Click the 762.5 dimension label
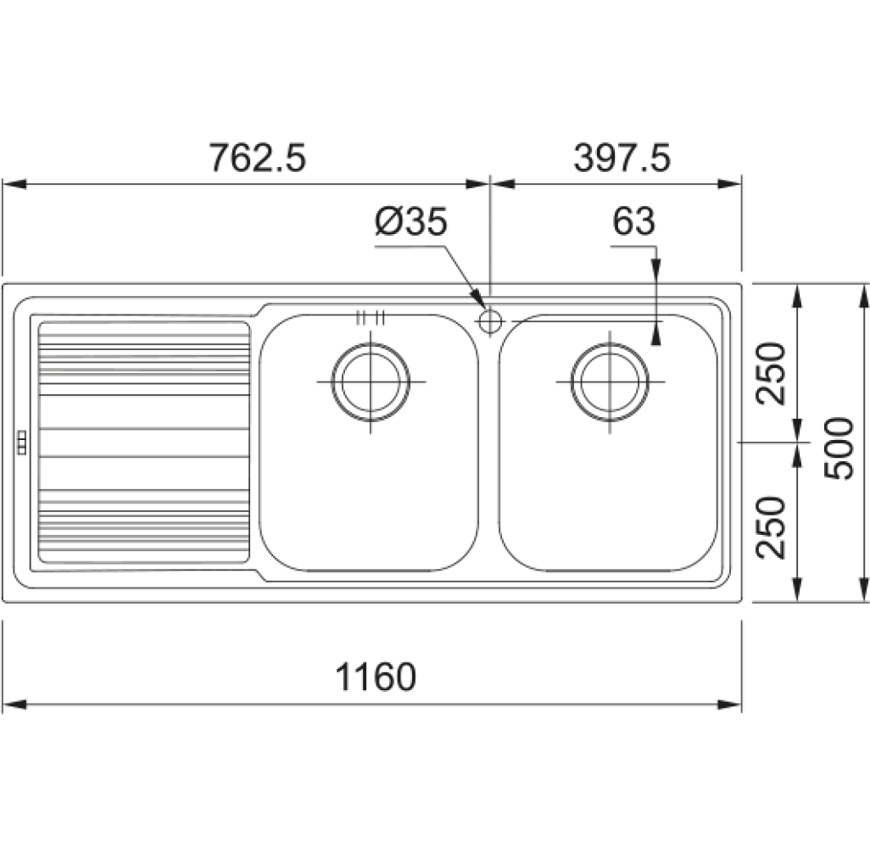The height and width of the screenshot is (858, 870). click(x=257, y=158)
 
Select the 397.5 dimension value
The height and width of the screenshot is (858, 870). click(x=622, y=158)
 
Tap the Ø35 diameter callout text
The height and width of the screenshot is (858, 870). click(x=410, y=221)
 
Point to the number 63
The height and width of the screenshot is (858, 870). click(x=633, y=221)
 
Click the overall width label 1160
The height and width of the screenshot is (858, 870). click(x=376, y=677)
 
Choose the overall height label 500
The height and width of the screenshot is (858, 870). click(x=839, y=448)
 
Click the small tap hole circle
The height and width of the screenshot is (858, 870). click(x=490, y=321)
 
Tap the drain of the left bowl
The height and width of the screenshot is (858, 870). click(x=371, y=382)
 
